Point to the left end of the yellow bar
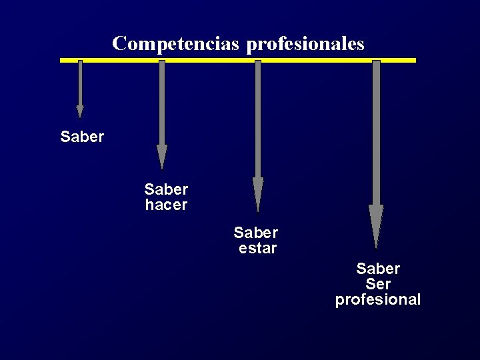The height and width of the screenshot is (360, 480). point(62,60)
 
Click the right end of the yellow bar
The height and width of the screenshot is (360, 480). point(414,60)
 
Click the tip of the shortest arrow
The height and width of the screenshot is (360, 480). point(80,116)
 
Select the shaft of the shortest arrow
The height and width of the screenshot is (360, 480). point(80,83)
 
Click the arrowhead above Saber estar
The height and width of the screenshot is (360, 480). point(258,193)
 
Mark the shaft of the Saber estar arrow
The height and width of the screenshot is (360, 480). point(258,120)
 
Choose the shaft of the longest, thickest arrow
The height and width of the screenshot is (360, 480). point(376,133)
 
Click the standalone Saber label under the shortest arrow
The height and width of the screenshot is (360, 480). point(82,137)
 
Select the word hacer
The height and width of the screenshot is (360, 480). point(166,205)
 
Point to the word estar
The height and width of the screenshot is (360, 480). point(258,249)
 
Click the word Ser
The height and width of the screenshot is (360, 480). point(378,285)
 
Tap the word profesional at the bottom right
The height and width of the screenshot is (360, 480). point(378,300)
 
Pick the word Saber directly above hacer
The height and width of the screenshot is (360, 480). point(166,190)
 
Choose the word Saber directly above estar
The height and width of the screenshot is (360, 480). point(256,233)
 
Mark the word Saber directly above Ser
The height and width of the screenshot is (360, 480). point(378,269)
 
